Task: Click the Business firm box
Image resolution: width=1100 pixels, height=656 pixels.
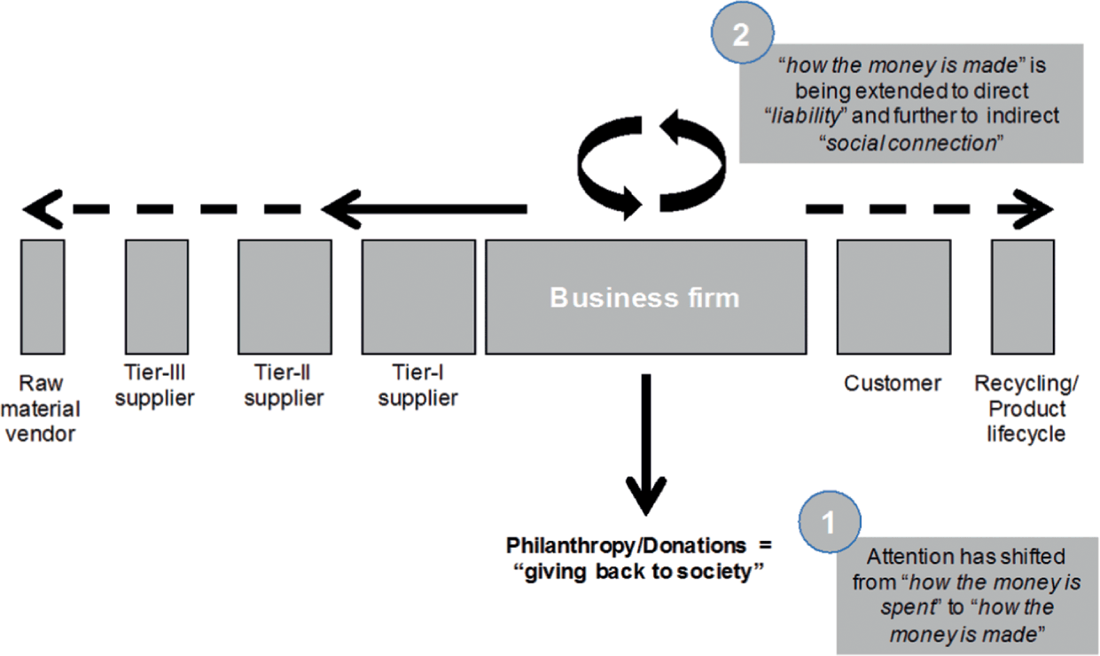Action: click(x=644, y=297)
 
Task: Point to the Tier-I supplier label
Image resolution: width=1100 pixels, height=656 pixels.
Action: click(x=417, y=385)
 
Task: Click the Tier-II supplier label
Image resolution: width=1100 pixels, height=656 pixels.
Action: click(x=284, y=385)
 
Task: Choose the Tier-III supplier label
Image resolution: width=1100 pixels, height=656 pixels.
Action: click(x=156, y=385)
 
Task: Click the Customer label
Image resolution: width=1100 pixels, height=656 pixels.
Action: click(x=892, y=384)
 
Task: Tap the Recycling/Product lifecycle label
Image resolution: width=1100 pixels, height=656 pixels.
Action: click(x=1019, y=409)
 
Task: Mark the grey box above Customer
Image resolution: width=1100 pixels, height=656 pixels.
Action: click(x=893, y=297)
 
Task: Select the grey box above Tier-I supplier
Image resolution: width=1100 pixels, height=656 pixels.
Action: click(x=417, y=297)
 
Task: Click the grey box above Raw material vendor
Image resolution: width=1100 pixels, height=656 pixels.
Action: click(x=43, y=297)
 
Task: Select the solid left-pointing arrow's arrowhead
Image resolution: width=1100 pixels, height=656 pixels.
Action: click(x=337, y=210)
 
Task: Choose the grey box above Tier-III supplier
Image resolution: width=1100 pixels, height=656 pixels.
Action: click(x=156, y=297)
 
